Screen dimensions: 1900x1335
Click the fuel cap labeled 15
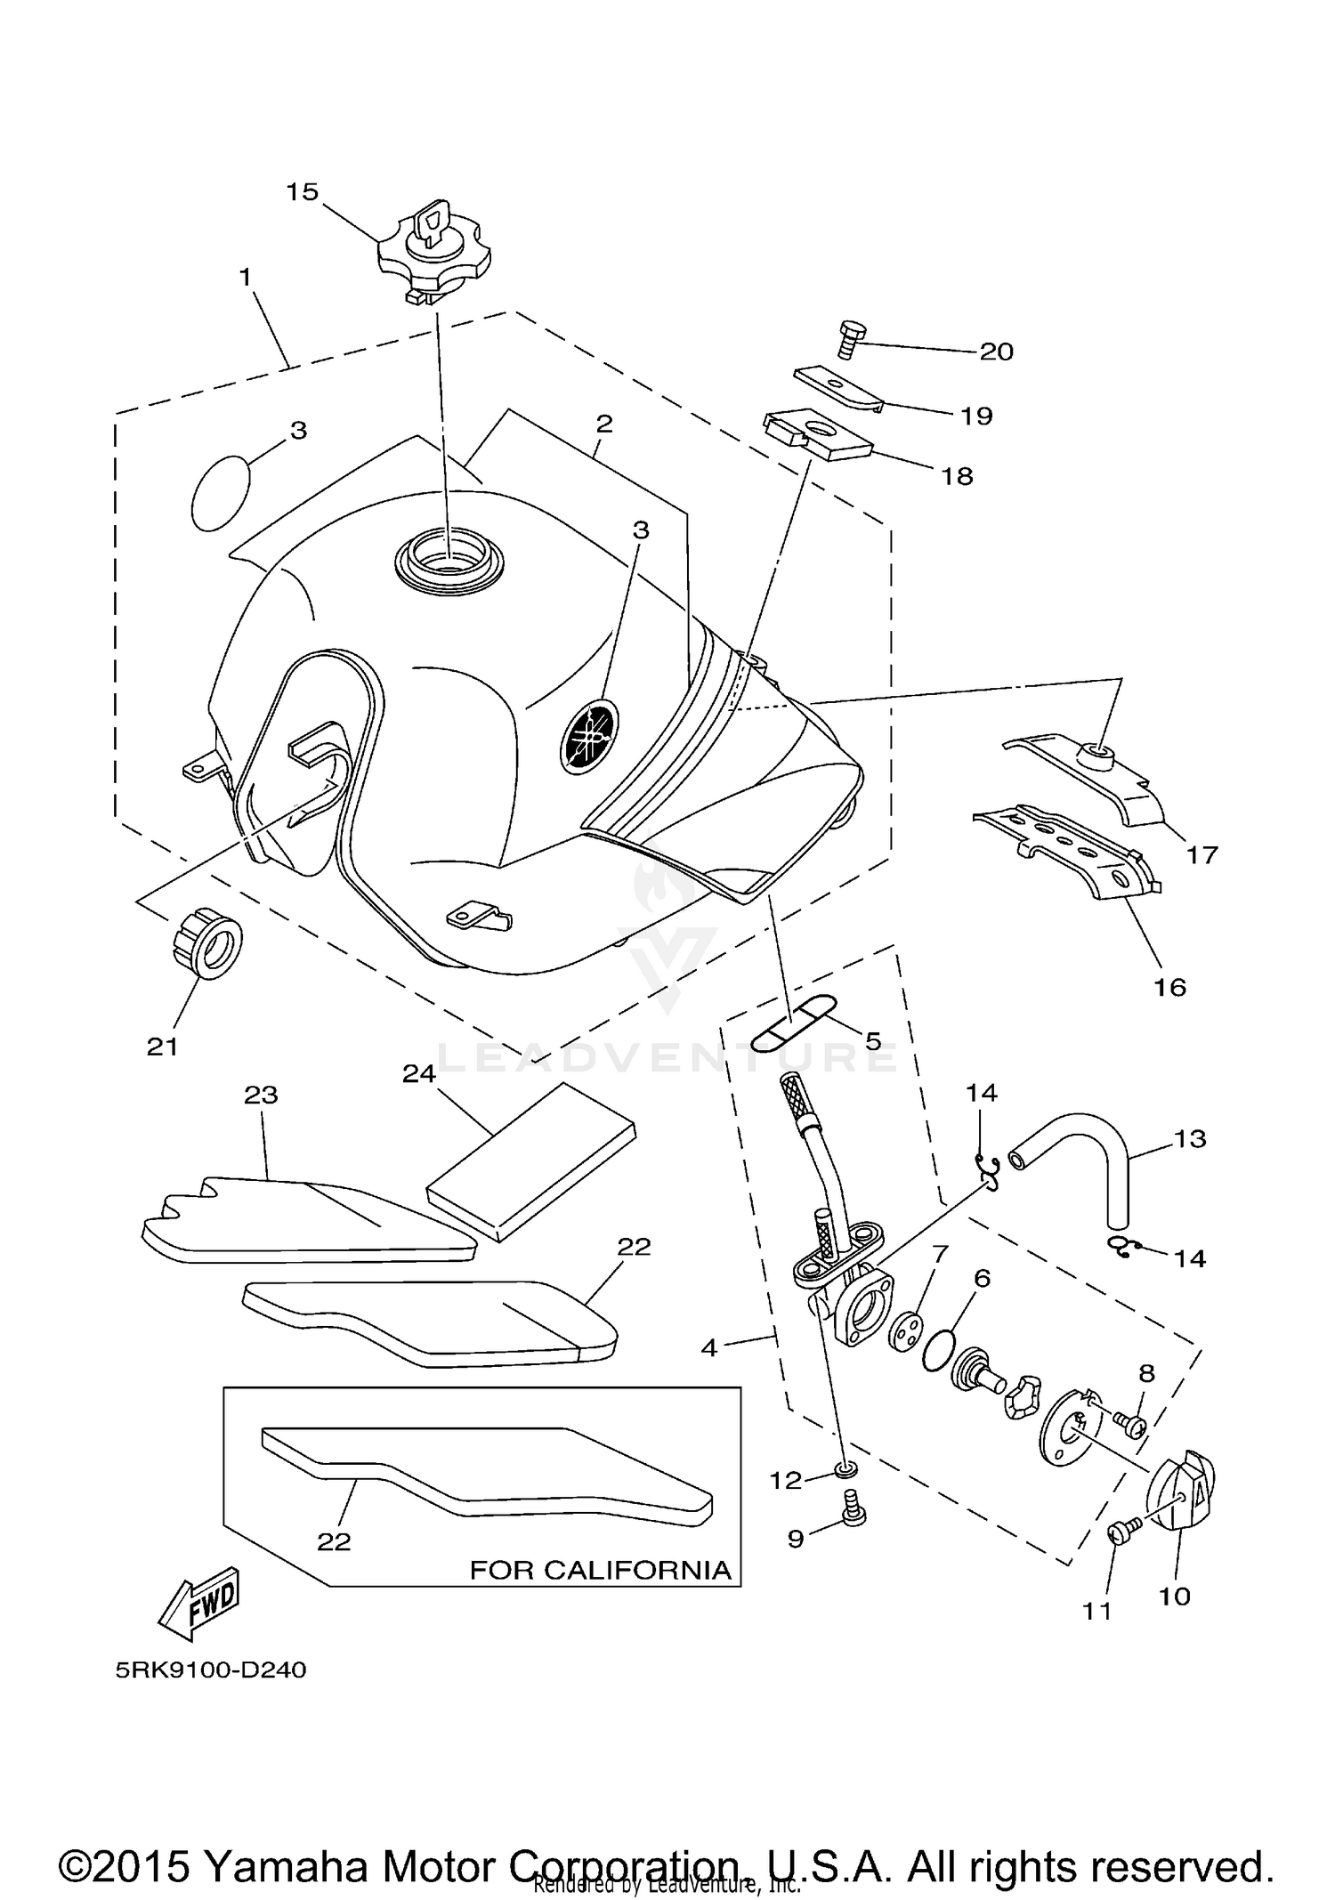tap(433, 252)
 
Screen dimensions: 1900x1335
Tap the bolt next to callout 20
tap(847, 339)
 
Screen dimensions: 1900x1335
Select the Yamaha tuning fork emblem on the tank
tap(589, 734)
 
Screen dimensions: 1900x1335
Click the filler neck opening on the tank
tap(449, 560)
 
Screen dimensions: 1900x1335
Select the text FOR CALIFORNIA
tap(600, 1570)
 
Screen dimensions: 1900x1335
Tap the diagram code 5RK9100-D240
tap(211, 1670)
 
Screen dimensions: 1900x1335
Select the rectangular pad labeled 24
tap(531, 1162)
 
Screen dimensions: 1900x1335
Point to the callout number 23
tap(261, 1095)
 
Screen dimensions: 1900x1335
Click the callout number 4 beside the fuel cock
tap(708, 1348)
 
